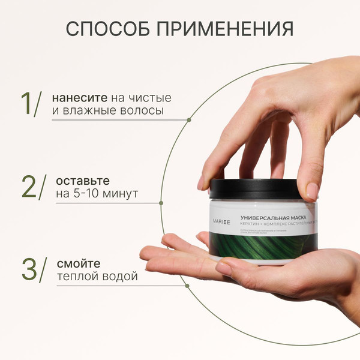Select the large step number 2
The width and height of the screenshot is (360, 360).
click(x=28, y=187)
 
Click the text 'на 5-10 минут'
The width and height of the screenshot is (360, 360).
click(x=97, y=194)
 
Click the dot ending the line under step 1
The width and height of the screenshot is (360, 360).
click(x=188, y=120)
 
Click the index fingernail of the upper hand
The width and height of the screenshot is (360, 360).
click(x=311, y=191)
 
